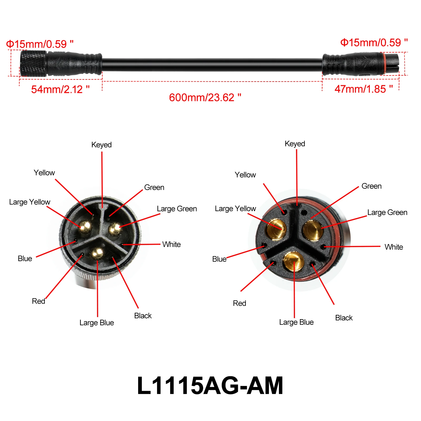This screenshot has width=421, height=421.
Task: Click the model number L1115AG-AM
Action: click(210, 385)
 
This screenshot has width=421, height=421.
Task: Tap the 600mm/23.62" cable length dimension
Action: click(205, 98)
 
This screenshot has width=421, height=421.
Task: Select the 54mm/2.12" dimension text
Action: click(60, 89)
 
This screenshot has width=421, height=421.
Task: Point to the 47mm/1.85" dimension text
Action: click(364, 89)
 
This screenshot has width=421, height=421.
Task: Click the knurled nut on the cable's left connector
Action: click(33, 63)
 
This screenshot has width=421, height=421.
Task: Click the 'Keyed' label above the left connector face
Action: click(102, 145)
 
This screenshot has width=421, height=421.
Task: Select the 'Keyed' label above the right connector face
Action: click(295, 144)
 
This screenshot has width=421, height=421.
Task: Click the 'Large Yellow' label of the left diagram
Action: click(30, 202)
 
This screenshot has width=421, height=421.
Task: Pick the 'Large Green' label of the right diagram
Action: click(387, 212)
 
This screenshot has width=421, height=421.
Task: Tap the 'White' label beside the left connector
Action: click(172, 244)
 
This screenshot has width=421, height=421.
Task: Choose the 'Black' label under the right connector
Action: click(344, 318)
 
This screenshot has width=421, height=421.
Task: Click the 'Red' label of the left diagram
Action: click(38, 301)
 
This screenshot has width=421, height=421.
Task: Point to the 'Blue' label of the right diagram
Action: click(219, 259)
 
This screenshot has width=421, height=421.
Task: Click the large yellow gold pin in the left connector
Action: click(85, 227)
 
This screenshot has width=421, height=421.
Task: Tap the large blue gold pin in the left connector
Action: click(97, 254)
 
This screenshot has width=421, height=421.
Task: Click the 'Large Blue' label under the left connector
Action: click(97, 323)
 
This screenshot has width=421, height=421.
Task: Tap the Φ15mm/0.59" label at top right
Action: click(374, 43)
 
